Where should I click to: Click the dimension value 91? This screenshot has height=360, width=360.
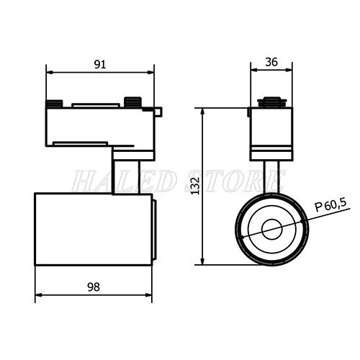click(x=100, y=64)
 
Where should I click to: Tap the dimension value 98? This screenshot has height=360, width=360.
click(x=94, y=287)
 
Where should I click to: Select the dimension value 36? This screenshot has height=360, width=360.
click(x=271, y=62)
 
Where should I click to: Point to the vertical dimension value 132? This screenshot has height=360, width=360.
click(x=196, y=186)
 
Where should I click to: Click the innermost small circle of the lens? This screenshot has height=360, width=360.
click(x=272, y=230)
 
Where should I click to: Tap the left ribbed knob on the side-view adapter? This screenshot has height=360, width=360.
click(x=54, y=104)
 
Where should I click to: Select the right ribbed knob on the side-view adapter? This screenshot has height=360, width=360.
click(x=132, y=102)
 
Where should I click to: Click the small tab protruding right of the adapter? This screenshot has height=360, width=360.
click(x=158, y=112)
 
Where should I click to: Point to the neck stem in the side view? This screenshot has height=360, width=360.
click(x=125, y=177)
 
